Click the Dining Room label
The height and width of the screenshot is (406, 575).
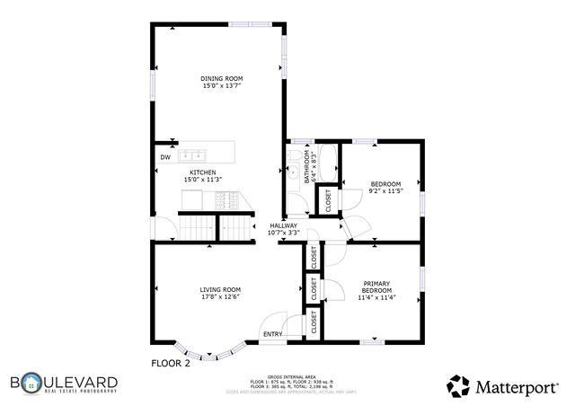pos(221,79)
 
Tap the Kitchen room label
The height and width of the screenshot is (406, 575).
pos(201,172)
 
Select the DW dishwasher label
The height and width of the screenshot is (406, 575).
pos(165,158)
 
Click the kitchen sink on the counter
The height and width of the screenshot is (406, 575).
pos(195,154)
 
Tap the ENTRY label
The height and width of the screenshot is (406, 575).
pos(272,335)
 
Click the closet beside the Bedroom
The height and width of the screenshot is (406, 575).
pos(327,199)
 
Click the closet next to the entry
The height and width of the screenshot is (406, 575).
pos(314,322)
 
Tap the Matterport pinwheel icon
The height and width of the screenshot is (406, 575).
pos(458,385)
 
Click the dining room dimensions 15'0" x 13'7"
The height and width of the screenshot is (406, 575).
pos(221,87)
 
